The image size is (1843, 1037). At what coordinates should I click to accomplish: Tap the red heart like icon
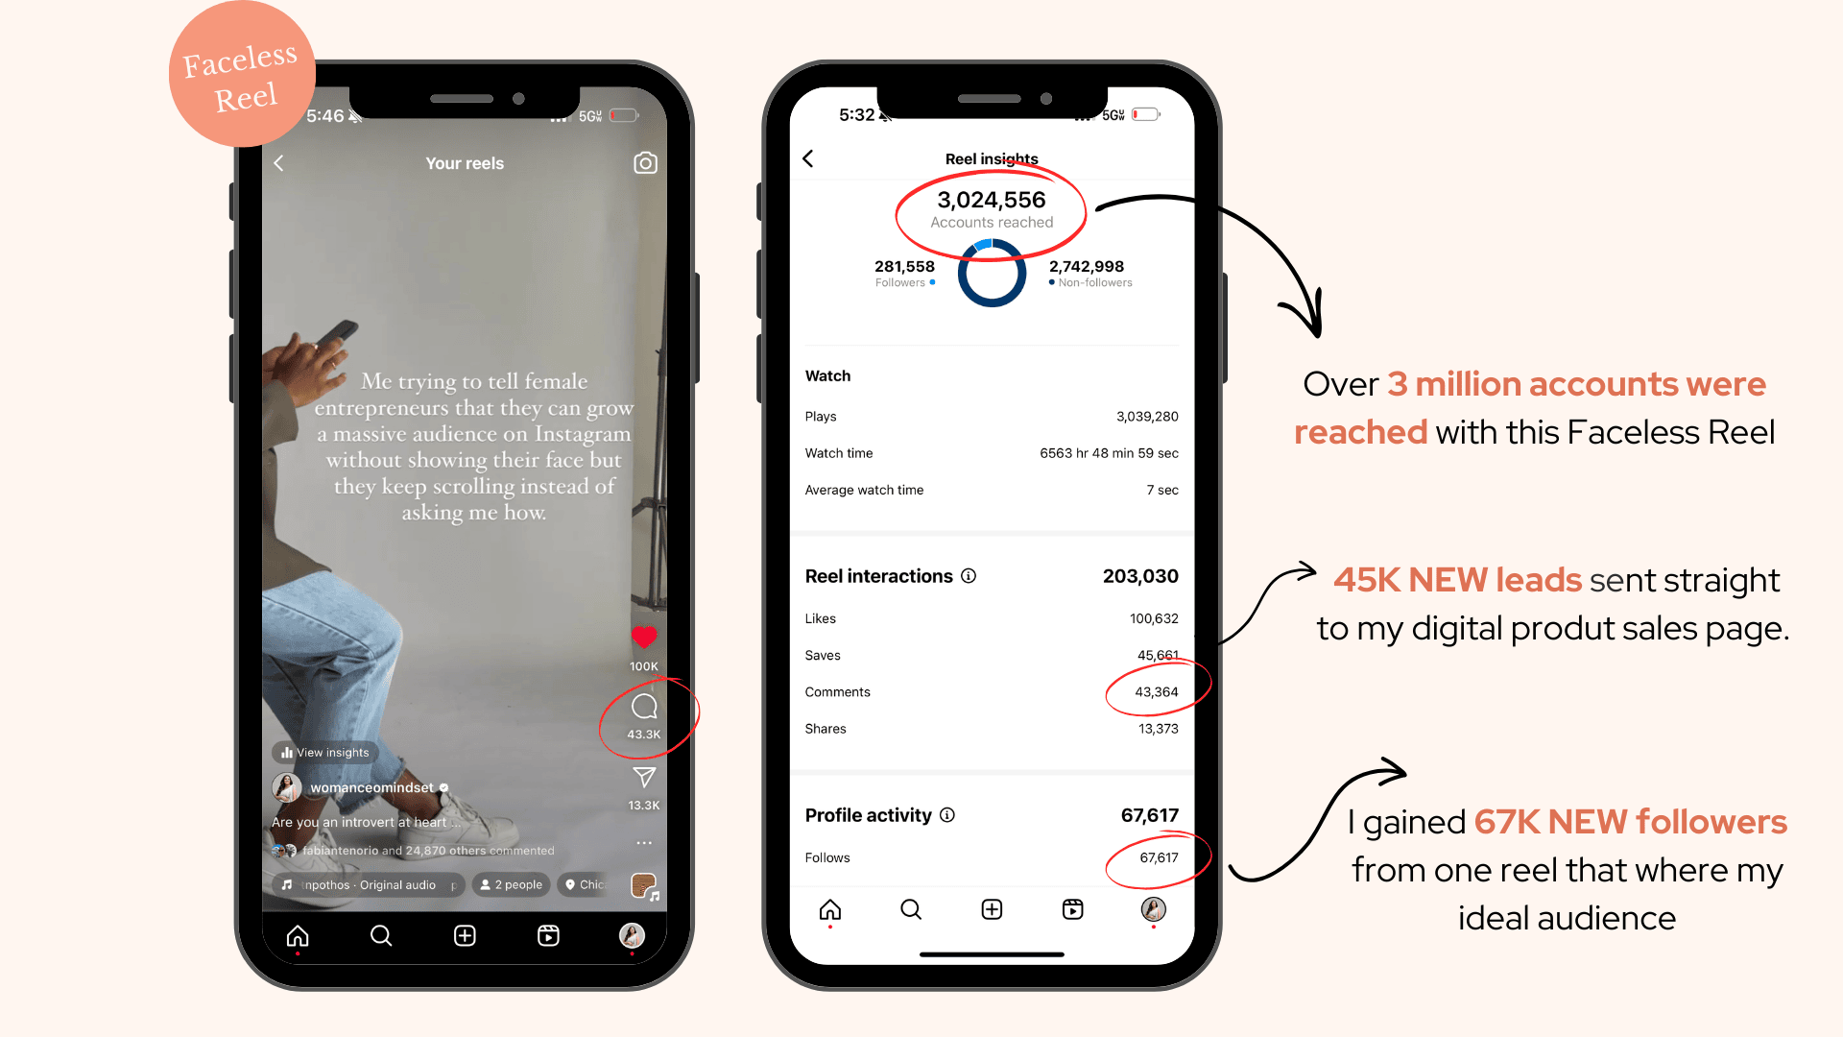point(644,637)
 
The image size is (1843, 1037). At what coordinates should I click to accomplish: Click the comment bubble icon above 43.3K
point(644,708)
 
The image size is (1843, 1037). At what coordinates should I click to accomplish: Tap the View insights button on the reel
point(325,753)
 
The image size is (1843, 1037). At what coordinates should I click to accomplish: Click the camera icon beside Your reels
point(646,163)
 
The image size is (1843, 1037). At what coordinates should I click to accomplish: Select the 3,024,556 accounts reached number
point(992,200)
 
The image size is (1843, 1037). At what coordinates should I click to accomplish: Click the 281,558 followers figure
point(904,267)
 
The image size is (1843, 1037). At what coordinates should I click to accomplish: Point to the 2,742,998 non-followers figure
point(1087,267)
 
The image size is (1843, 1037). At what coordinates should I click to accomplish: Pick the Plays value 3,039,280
point(1147,417)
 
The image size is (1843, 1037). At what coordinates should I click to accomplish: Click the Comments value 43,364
point(1157,692)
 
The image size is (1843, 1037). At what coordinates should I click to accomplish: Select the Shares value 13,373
point(1159,729)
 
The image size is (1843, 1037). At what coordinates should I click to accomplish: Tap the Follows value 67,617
point(1159,858)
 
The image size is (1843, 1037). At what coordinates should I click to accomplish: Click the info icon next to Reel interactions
point(969,576)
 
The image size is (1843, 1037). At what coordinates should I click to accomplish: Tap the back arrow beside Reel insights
point(808,158)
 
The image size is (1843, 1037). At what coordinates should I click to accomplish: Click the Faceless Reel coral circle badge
point(242,75)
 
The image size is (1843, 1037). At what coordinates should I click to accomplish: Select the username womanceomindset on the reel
point(372,788)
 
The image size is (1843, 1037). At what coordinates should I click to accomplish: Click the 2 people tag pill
point(512,885)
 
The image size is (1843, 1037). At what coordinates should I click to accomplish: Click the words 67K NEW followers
point(1630,822)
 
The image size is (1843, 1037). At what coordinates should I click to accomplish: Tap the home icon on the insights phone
point(830,909)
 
